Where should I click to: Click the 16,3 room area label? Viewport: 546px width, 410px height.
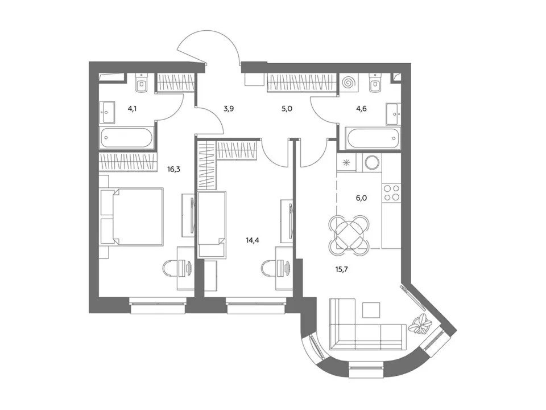point(173,170)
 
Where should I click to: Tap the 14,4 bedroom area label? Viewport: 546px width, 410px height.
point(252,240)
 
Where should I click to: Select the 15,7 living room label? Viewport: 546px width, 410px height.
point(342,269)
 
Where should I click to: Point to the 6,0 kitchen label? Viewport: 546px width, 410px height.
point(361,198)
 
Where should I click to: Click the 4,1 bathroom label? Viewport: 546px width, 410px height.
point(132,108)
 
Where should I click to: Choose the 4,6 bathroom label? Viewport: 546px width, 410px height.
point(361,108)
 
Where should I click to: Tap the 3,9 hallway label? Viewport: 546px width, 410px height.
point(229,108)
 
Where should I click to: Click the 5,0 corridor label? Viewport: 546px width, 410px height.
point(287,108)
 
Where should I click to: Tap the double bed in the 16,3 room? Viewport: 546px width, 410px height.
point(131,217)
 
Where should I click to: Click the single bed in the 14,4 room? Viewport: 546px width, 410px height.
point(212,224)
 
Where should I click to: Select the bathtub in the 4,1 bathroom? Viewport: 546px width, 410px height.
point(127,137)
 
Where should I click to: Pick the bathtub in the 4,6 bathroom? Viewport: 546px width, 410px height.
point(373,138)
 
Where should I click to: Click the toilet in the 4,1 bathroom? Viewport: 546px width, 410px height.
point(142,83)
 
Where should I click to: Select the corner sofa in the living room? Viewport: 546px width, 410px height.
point(367,323)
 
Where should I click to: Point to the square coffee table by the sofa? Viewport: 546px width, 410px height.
point(371,310)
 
